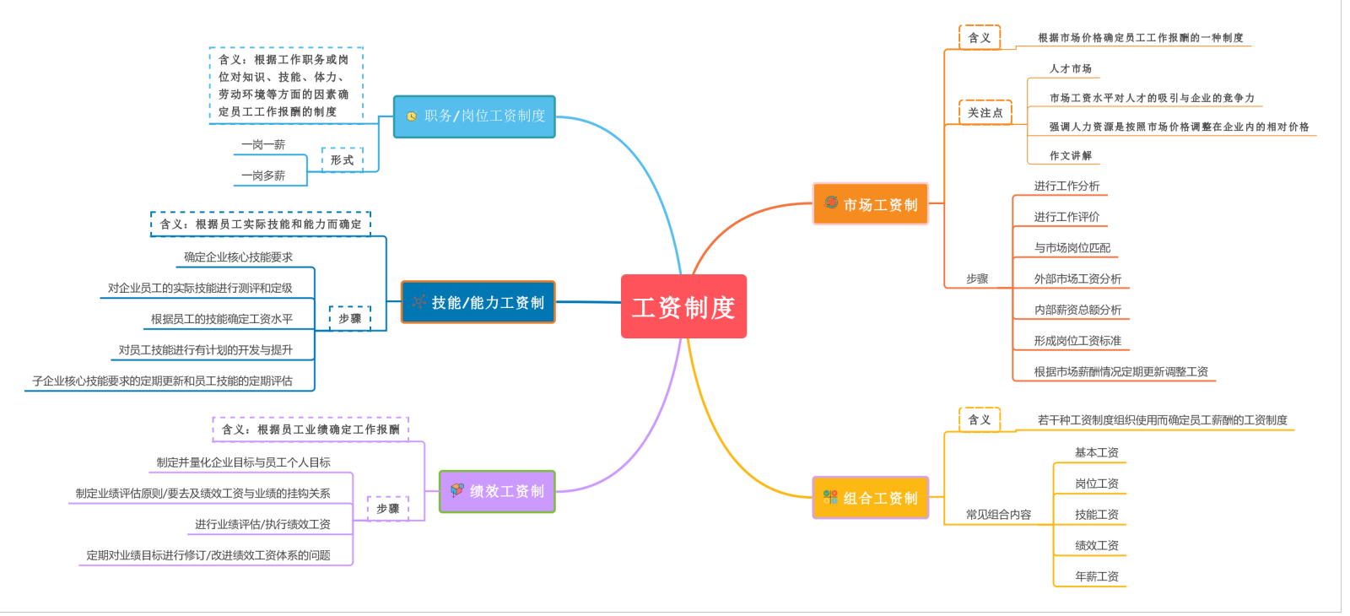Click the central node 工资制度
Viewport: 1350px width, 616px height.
coord(683,307)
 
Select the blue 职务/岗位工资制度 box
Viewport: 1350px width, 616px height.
coord(474,116)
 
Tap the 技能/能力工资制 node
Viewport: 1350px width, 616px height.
coord(478,302)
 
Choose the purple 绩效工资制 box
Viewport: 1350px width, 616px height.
coord(497,491)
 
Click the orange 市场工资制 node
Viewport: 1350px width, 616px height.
coord(870,204)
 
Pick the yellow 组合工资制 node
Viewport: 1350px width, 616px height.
coord(870,498)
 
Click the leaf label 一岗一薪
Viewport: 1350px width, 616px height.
coord(263,145)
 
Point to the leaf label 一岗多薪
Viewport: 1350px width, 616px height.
coord(263,176)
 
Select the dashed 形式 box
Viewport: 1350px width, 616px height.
coord(342,159)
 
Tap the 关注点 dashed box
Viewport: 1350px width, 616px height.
coord(985,112)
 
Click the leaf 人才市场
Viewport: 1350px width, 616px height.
coord(1070,68)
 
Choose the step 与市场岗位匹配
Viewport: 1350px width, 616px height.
coord(1072,248)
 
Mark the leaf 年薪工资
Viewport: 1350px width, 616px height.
coord(1096,576)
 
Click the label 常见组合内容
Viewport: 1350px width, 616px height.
coord(998,514)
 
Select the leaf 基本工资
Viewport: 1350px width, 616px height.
coord(1096,452)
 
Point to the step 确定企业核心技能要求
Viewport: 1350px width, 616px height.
coord(238,257)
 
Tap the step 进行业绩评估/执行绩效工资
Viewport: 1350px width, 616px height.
coord(262,524)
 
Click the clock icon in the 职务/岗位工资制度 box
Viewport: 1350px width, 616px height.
coord(411,116)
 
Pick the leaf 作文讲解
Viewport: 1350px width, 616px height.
coord(1070,155)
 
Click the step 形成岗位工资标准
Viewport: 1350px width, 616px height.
coord(1077,341)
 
